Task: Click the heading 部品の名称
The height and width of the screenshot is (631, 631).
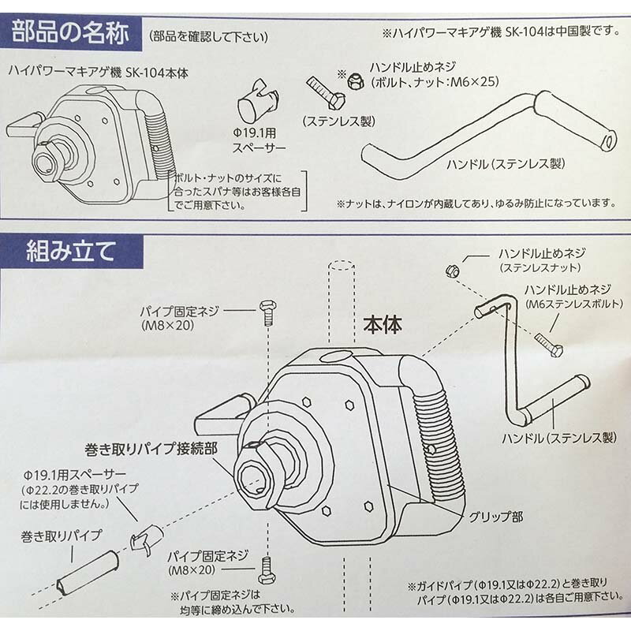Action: click(70, 32)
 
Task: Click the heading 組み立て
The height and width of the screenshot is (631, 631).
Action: click(71, 251)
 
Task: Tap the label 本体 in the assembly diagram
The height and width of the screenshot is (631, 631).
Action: click(383, 325)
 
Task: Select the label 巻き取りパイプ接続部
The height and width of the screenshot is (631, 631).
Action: click(151, 448)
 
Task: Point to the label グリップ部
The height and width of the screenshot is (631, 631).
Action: click(496, 517)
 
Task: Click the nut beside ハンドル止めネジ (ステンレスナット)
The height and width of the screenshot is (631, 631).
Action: click(453, 271)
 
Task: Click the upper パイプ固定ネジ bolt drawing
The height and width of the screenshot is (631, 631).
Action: click(267, 312)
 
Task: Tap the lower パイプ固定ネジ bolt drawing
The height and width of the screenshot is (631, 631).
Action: click(266, 569)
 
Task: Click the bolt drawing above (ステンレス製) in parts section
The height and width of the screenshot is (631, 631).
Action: click(326, 93)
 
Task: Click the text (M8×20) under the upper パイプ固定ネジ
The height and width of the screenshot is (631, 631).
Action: click(168, 325)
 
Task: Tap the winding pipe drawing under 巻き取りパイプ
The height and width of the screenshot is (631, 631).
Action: click(88, 571)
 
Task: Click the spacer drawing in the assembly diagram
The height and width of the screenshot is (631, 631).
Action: click(147, 540)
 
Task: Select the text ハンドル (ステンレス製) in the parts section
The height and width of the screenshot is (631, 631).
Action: click(506, 163)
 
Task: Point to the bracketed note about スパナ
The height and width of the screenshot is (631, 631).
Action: click(237, 192)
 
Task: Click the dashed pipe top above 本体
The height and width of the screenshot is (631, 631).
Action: click(342, 266)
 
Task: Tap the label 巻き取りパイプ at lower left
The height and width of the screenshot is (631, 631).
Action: click(62, 536)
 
